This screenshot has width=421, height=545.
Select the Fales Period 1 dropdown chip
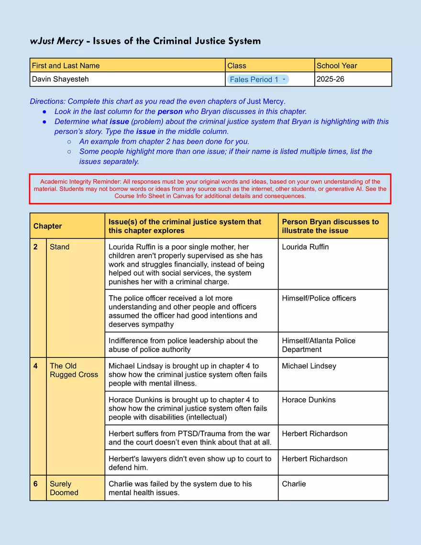[x=258, y=79]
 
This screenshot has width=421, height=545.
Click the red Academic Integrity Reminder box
[x=210, y=189]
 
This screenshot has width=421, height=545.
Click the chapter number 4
[x=36, y=366]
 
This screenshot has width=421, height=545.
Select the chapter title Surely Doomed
[x=64, y=488]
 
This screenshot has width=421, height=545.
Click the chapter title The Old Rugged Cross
[x=74, y=370]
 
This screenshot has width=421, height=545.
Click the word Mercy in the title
[x=70, y=41]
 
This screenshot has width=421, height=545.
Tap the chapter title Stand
[x=60, y=247]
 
